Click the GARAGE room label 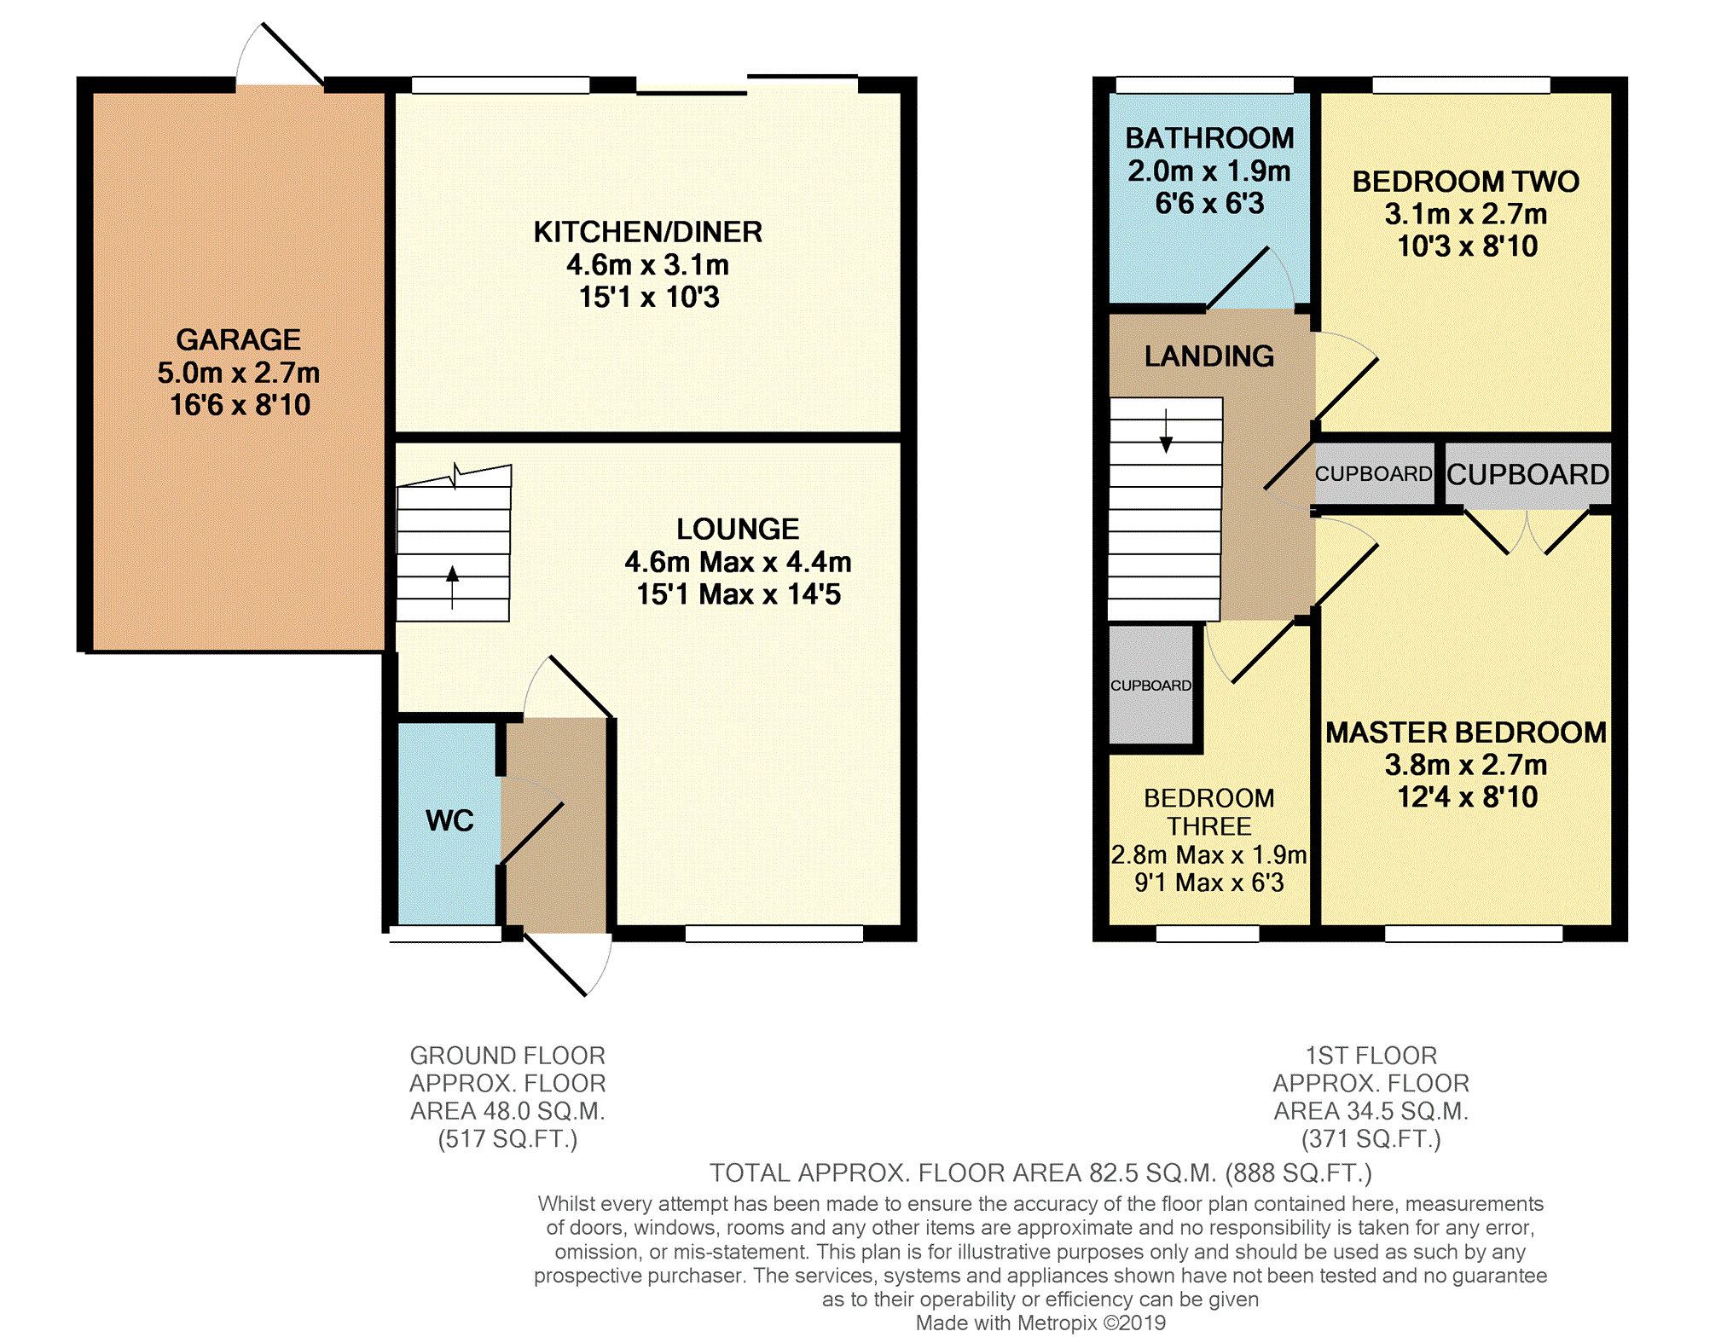click(x=238, y=339)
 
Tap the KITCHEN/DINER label click(x=648, y=232)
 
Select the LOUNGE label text click(x=738, y=529)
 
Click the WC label click(x=449, y=820)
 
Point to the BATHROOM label click(x=1209, y=138)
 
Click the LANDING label click(x=1209, y=356)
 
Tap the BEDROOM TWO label click(x=1466, y=182)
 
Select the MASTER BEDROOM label click(x=1466, y=732)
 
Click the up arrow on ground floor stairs click(x=452, y=587)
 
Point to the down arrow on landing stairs click(x=1166, y=431)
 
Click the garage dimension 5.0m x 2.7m click(x=238, y=373)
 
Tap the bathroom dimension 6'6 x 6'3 click(x=1209, y=204)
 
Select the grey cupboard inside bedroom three click(x=1150, y=686)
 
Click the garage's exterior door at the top click(x=281, y=54)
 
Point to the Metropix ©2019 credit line click(x=1040, y=1323)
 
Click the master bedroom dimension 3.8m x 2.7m click(x=1466, y=765)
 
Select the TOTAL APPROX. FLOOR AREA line click(x=1040, y=1173)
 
